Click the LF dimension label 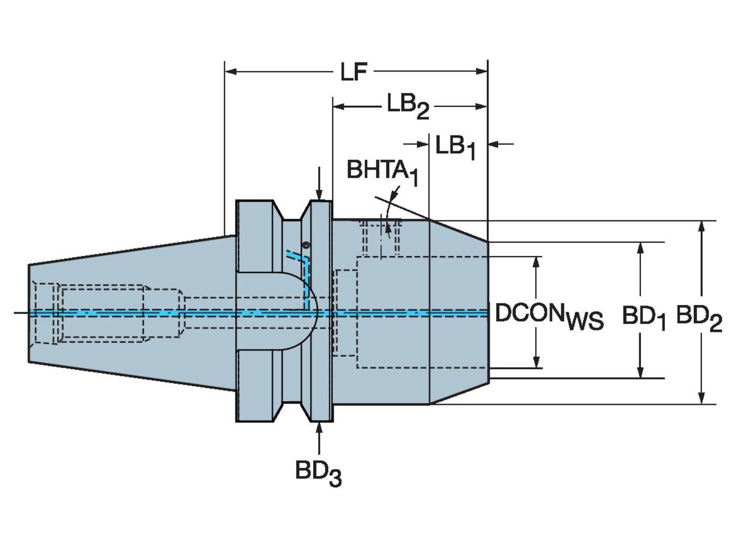[353, 73]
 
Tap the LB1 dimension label [455, 147]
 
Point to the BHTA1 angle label [382, 172]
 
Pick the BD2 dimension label [699, 317]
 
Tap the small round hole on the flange [306, 246]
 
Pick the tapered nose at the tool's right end [458, 312]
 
